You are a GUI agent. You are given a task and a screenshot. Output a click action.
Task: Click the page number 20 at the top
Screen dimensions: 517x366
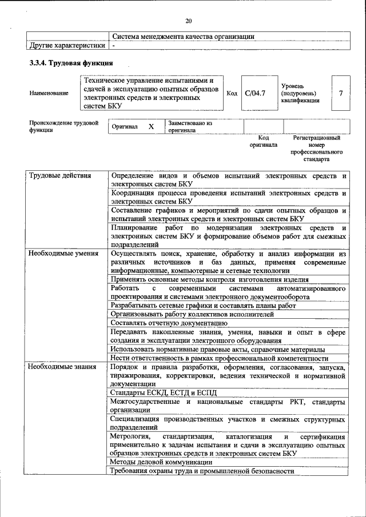coord(189,21)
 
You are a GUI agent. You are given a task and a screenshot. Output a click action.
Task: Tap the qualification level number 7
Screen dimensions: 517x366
coord(341,93)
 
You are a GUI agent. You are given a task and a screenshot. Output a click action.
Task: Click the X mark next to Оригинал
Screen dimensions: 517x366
coord(151,126)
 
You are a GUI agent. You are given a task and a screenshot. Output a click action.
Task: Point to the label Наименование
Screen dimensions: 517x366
coord(49,93)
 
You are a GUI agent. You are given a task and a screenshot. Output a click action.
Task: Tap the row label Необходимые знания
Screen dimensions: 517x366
coord(63,366)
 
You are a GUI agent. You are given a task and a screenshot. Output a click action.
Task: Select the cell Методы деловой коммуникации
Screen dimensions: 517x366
coord(162,462)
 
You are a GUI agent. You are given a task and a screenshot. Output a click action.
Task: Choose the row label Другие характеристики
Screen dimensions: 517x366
coord(67,45)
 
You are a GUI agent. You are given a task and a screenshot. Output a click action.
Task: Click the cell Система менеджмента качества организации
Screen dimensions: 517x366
coord(183,36)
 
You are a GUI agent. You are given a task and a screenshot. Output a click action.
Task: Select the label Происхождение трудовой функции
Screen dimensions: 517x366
coord(63,126)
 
